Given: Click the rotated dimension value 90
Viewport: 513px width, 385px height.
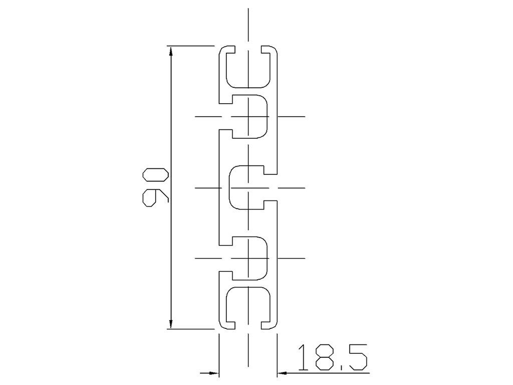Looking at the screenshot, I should click(x=155, y=187).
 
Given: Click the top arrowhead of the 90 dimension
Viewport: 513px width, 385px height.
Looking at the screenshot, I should click(x=171, y=51).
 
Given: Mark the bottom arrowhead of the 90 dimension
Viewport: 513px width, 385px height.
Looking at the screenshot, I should click(x=171, y=323).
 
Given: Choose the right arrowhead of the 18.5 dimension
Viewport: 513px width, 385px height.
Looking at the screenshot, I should click(x=282, y=373).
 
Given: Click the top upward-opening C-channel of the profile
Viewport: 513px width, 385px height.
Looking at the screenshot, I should click(x=248, y=68).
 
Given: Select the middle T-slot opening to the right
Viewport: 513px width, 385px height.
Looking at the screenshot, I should click(x=248, y=187).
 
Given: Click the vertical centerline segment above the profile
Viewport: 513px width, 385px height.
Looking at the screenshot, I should click(x=248, y=25).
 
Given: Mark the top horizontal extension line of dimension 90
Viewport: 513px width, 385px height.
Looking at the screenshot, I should click(x=190, y=46).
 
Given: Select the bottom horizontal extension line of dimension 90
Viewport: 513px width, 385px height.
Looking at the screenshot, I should click(x=190, y=329).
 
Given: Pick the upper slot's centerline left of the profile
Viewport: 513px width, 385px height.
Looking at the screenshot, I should click(x=206, y=117).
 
